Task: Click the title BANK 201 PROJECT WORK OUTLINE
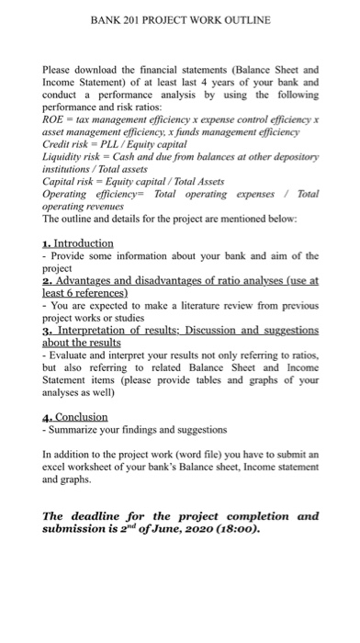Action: point(179,19)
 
